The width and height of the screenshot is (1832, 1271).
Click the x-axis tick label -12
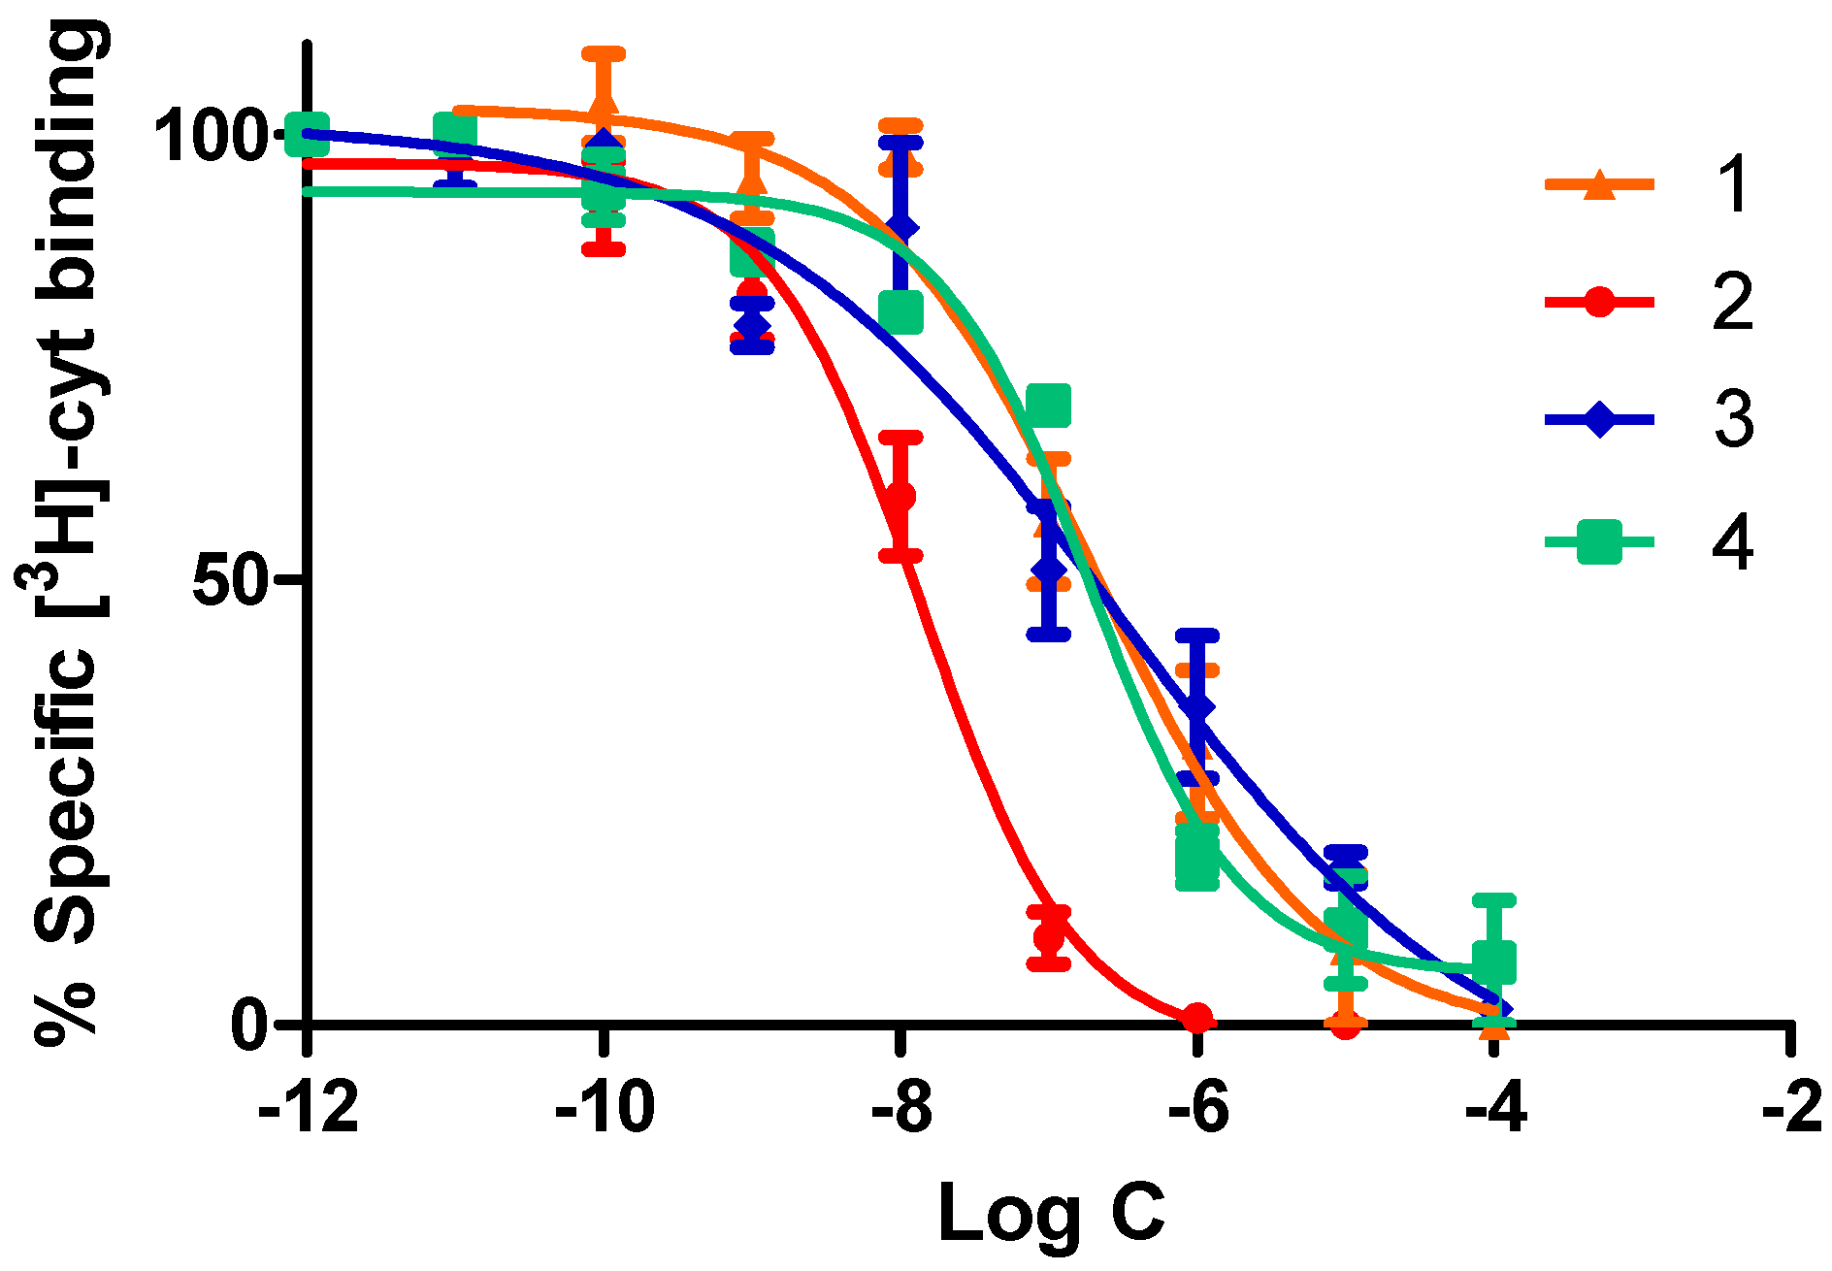click(309, 1108)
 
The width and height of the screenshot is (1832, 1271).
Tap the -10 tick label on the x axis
click(604, 1108)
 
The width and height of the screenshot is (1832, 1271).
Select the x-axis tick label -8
click(901, 1108)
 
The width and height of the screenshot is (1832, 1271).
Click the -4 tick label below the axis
click(1494, 1108)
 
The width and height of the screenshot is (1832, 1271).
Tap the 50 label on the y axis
click(230, 580)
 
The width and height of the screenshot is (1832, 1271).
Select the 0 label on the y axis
click(250, 1025)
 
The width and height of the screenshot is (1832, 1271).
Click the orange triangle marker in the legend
click(1598, 184)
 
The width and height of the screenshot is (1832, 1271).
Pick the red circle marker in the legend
click(1598, 302)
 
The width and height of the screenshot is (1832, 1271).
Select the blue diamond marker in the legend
click(1598, 420)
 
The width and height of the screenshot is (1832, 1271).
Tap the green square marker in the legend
click(1598, 541)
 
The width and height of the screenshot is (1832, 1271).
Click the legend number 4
click(1732, 541)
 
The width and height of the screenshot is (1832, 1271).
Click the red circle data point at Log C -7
click(1049, 936)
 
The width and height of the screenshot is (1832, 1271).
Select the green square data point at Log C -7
click(1049, 406)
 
